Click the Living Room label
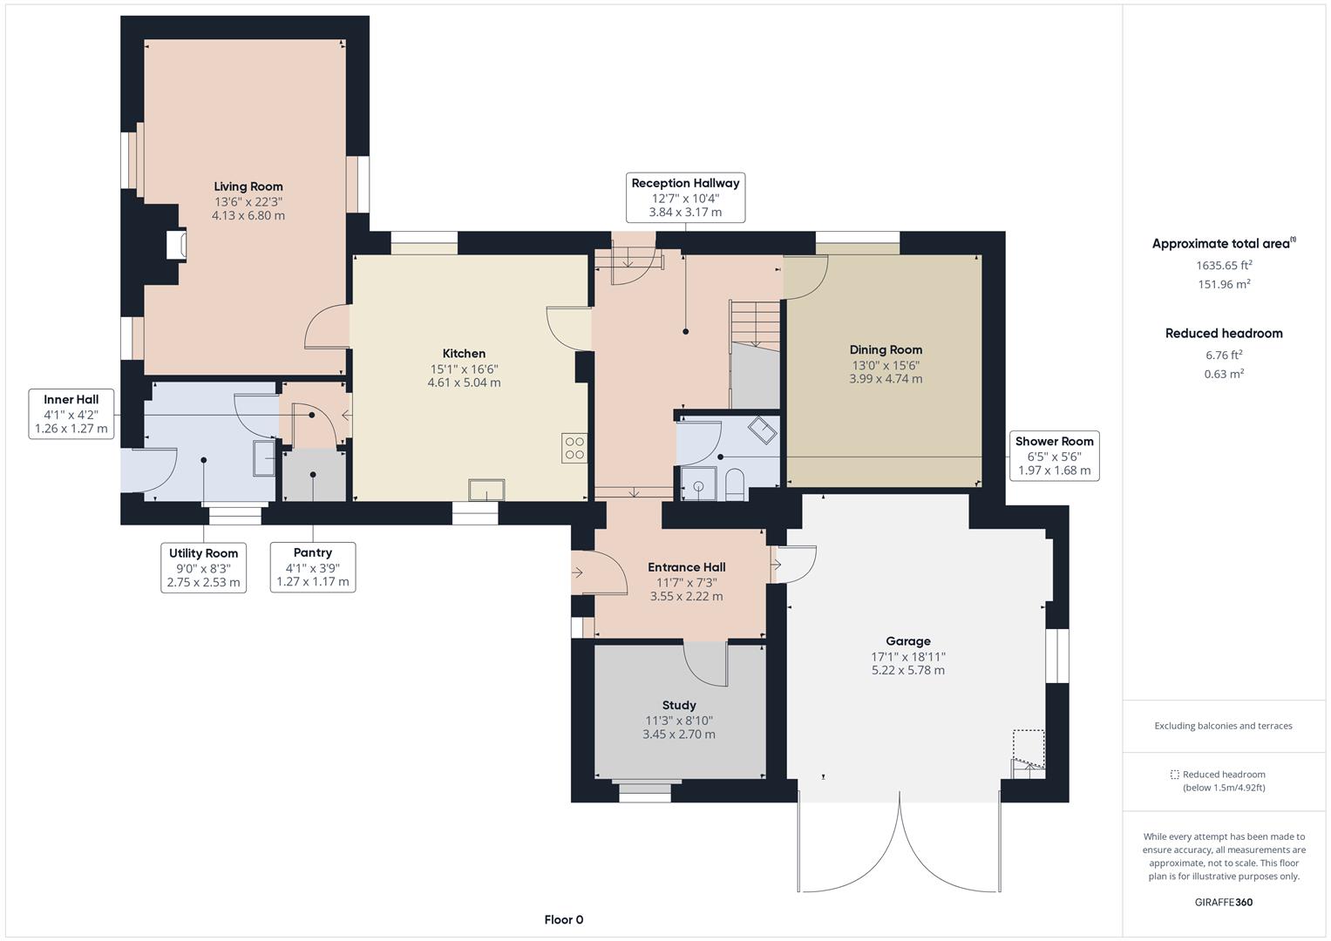click(x=248, y=186)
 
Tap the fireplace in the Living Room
click(x=176, y=244)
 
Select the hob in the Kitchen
click(x=574, y=449)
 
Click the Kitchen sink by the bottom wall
click(x=486, y=490)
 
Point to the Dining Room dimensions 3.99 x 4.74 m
click(x=886, y=378)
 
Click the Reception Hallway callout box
click(x=686, y=198)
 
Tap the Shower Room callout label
click(x=1054, y=456)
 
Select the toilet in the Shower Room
click(x=735, y=484)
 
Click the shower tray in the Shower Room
click(x=699, y=484)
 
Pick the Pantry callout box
click(x=313, y=567)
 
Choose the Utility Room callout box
click(x=203, y=568)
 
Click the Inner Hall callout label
click(x=71, y=414)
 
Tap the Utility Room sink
click(x=264, y=458)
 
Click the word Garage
click(x=908, y=641)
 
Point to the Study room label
click(x=678, y=705)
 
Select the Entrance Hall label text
click(x=686, y=567)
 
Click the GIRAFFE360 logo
click(x=1224, y=902)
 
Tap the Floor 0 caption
click(x=564, y=919)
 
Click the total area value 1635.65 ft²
click(x=1224, y=265)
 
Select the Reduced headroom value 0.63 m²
click(x=1224, y=374)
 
